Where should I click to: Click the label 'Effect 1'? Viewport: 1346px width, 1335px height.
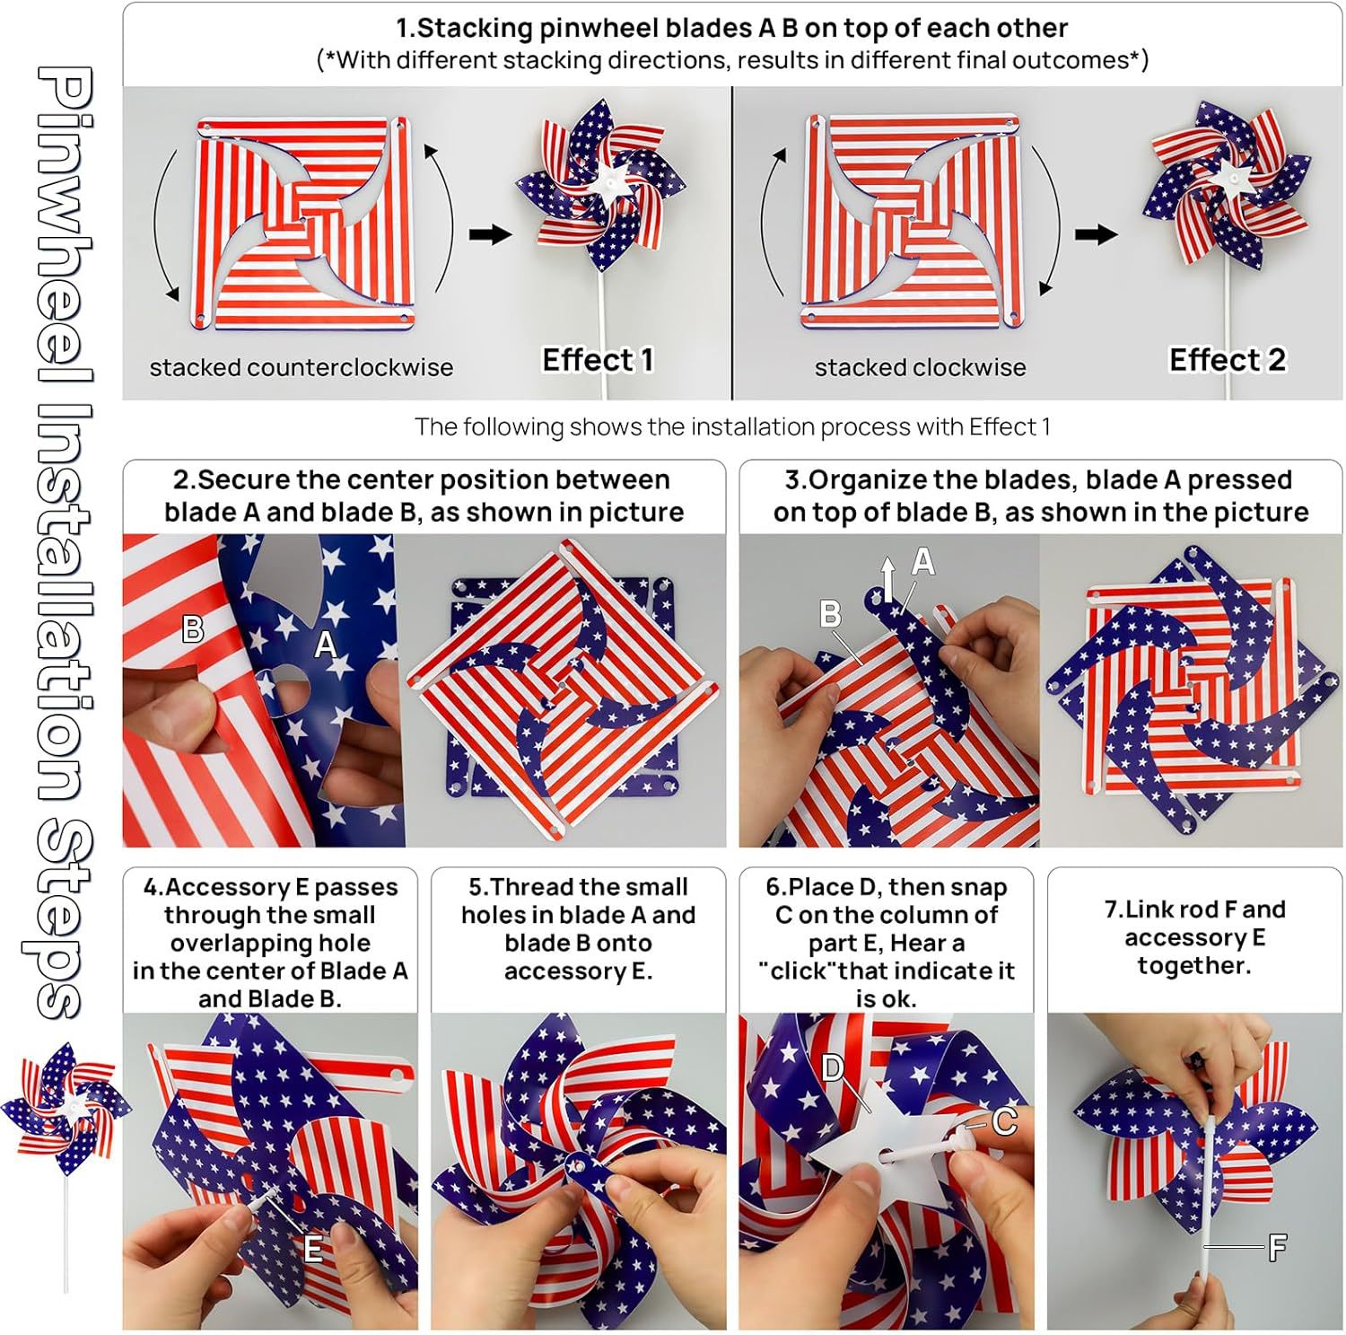pos(598,360)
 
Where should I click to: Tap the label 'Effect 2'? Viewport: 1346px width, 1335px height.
pos(1227,360)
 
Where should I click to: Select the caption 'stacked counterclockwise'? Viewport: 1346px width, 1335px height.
pos(302,367)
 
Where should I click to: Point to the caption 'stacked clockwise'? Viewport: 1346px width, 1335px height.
pos(920,367)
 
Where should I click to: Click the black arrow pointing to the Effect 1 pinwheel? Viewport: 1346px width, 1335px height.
pos(490,234)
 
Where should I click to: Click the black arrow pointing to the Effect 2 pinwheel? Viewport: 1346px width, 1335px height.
pos(1096,234)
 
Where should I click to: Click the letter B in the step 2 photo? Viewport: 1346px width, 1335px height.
pos(192,629)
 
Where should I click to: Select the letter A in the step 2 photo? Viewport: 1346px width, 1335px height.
pos(325,644)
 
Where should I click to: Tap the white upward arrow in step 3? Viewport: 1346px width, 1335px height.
pos(887,579)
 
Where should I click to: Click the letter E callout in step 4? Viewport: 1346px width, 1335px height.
pos(312,1249)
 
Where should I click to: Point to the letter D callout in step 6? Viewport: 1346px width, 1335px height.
pos(834,1067)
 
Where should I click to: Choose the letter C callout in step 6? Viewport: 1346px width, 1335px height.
pos(1004,1121)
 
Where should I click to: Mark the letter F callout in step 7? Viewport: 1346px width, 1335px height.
pos(1276,1247)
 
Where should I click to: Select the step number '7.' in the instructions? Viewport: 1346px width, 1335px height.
pos(1114,909)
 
